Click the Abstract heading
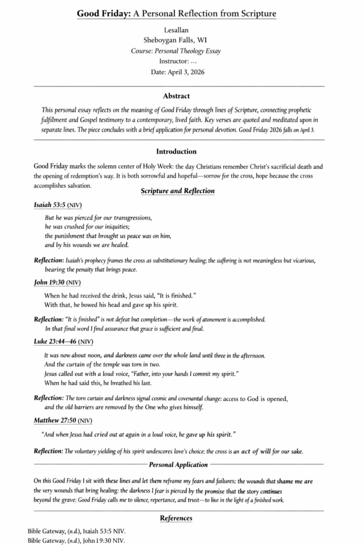[x=176, y=97]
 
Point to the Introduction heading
[x=176, y=152]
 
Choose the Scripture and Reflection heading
[x=178, y=191]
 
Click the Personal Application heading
[x=179, y=465]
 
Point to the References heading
[x=176, y=518]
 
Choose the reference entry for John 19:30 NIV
[x=76, y=541]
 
